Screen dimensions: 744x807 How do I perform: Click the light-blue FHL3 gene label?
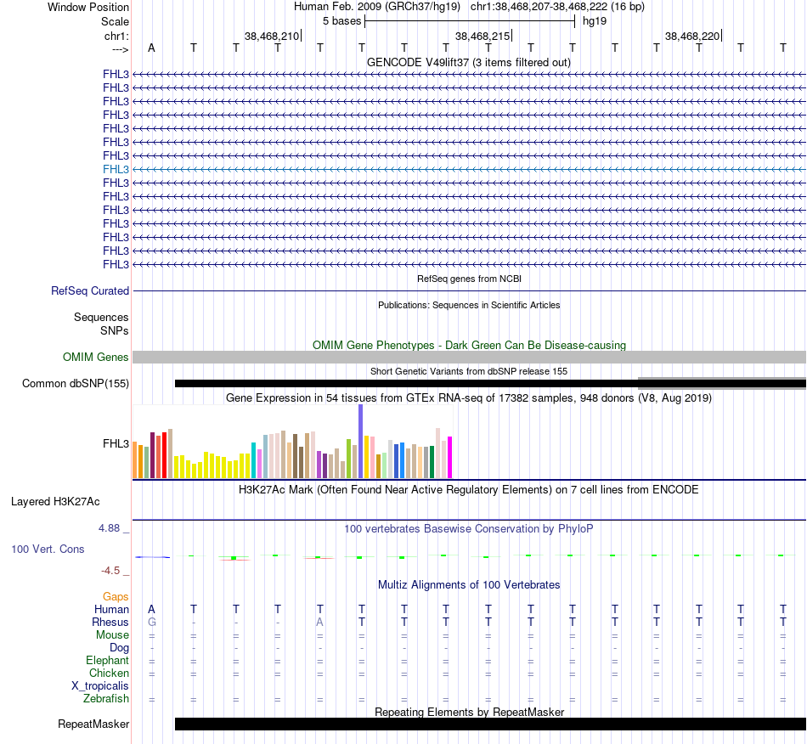click(116, 169)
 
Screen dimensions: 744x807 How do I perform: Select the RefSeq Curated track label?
click(90, 290)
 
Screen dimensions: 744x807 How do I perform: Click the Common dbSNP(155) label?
click(76, 384)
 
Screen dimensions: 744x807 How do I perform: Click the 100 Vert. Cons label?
click(48, 550)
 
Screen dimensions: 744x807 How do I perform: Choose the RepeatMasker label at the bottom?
click(93, 724)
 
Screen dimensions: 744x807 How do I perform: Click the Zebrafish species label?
click(106, 699)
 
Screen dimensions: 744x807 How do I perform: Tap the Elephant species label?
click(107, 661)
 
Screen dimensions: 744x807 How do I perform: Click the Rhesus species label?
click(110, 623)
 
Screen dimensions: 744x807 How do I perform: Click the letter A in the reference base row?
click(151, 48)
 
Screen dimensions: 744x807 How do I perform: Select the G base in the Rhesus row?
click(151, 623)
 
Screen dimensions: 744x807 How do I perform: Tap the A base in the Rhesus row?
click(320, 623)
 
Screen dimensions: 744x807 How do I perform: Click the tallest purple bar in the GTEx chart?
click(360, 442)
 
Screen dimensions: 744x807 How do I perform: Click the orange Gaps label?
click(116, 597)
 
